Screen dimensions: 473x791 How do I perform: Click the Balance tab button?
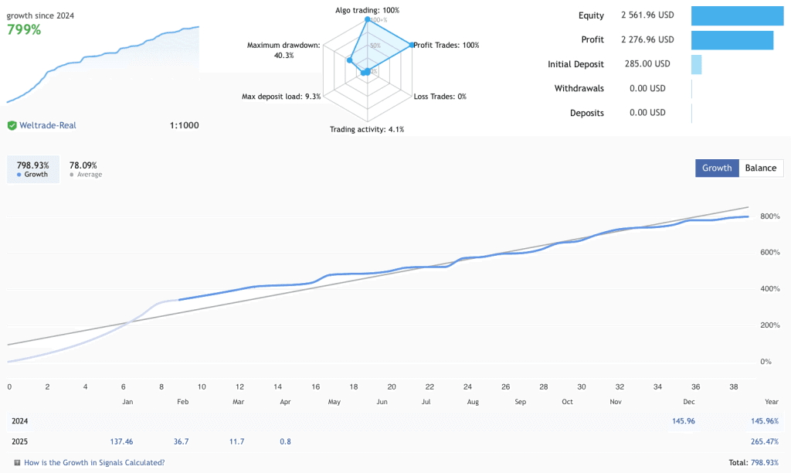pos(761,168)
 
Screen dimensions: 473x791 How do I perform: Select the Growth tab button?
pos(717,168)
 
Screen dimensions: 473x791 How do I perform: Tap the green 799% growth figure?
pos(24,30)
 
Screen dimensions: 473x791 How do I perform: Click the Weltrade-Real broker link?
pos(48,125)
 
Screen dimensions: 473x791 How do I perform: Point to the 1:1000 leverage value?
pos(184,125)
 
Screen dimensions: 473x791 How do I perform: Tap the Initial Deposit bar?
pos(696,64)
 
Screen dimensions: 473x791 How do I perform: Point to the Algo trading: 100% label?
pos(367,10)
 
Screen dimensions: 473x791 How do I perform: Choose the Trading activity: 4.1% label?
pos(367,129)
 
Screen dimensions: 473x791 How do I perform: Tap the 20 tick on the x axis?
pos(392,386)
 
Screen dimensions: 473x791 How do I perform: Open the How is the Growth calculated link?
pos(94,462)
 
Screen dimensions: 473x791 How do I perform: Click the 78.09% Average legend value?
pos(83,165)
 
